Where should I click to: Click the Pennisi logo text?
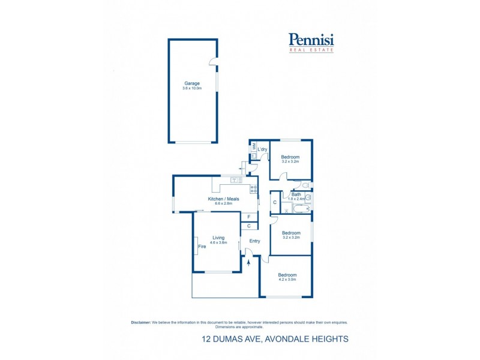pos(311,40)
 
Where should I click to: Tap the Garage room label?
pos(192,83)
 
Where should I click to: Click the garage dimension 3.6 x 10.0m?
pos(192,88)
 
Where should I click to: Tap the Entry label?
pos(255,241)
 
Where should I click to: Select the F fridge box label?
pos(248,216)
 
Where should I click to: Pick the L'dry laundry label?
pos(262,149)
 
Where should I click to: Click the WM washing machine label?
pos(254,146)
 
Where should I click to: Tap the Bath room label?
pos(296,194)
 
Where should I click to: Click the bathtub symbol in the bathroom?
pos(298,209)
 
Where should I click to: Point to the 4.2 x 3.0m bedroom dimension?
pos(287,280)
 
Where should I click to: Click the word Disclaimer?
pos(141,322)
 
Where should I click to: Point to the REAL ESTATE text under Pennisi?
pos(311,50)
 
